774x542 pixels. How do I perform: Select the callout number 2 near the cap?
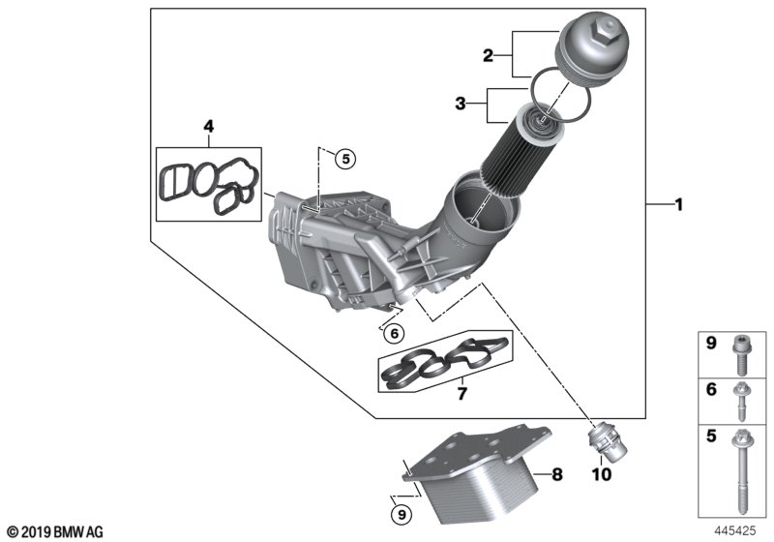point(490,56)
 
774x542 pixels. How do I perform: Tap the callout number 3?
point(462,103)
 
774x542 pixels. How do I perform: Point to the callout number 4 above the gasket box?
point(207,126)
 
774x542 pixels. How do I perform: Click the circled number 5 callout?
point(345,159)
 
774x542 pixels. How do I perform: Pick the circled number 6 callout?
point(393,334)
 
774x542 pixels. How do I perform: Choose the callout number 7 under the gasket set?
point(461,394)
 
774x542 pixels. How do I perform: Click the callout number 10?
point(601,475)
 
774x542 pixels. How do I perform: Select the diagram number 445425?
point(736,530)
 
